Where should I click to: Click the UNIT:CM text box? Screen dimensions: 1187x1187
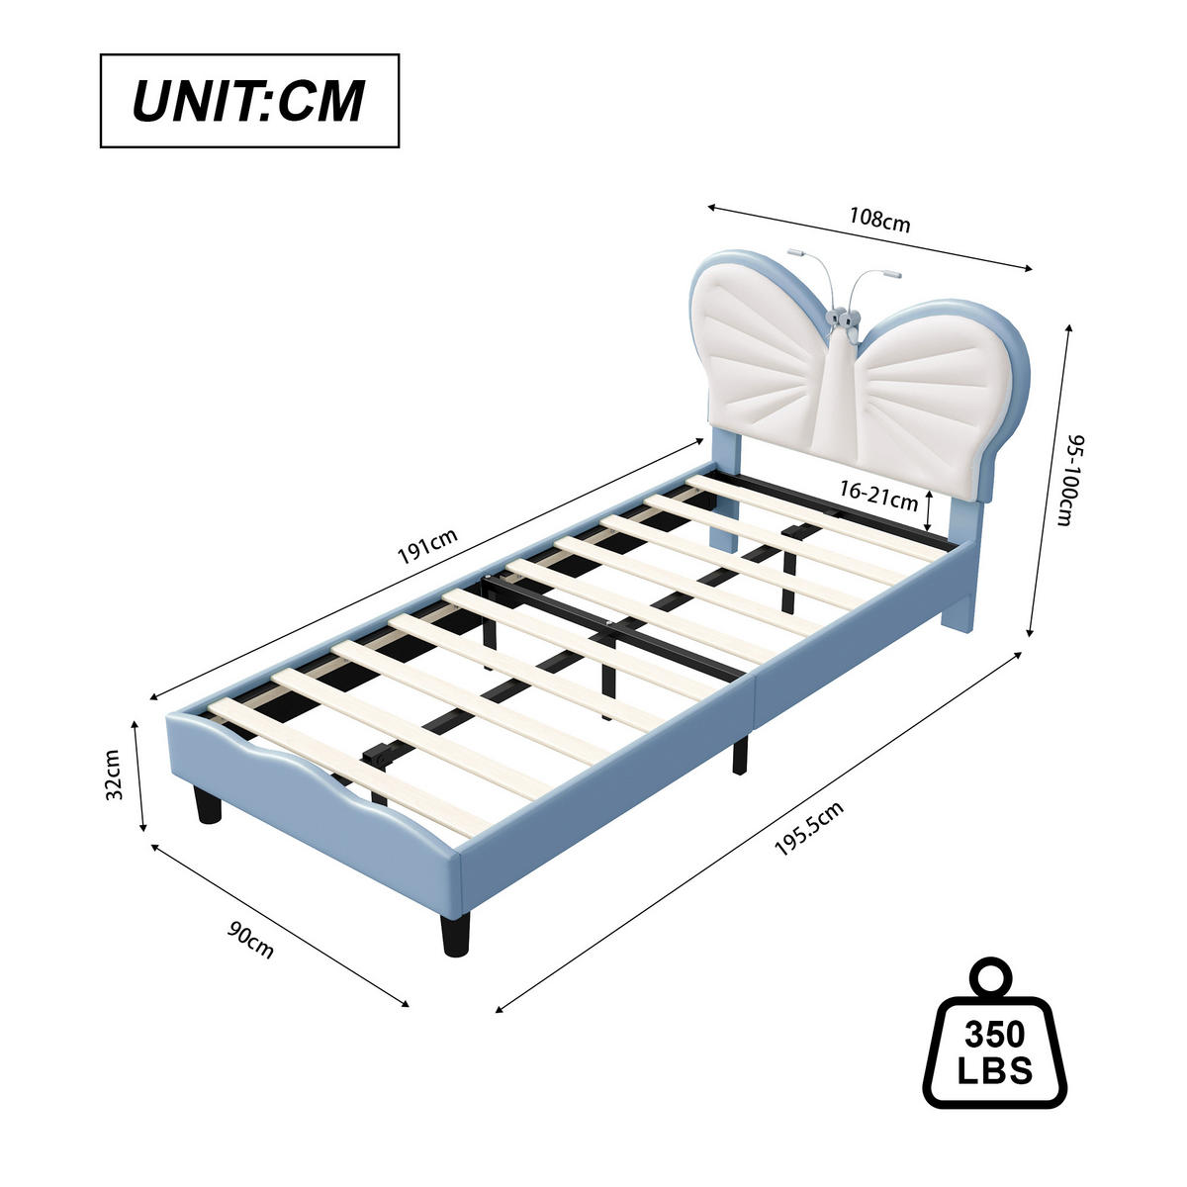coord(249,101)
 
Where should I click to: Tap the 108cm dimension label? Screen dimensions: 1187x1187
coord(879,220)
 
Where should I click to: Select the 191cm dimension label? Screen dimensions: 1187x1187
coord(427,546)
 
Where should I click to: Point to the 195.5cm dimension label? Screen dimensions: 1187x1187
coord(808,829)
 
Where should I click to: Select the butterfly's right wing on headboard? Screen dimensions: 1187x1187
coord(940,381)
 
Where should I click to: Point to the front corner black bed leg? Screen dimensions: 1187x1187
coord(454,933)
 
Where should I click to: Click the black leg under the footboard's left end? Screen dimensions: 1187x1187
coord(208,805)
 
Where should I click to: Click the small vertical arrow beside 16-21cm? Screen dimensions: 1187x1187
coord(928,511)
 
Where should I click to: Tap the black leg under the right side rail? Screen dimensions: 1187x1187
coord(740,754)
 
